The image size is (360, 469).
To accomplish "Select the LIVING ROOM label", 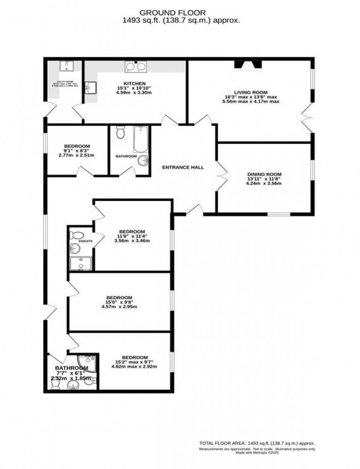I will pos(251,92).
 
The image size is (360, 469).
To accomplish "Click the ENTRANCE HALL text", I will pos(183,167).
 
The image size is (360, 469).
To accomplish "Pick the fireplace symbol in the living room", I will pos(248,65).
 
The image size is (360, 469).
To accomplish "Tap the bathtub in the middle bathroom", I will pos(140,140).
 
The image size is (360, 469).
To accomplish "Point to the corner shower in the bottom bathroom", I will pos(87,363).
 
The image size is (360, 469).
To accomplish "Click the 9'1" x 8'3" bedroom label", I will pos(76,146).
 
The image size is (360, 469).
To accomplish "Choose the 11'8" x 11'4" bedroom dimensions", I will pos(132,236).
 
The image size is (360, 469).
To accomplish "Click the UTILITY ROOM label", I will pos(65,82).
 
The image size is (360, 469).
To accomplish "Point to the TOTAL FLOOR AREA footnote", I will pos(257,443).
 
